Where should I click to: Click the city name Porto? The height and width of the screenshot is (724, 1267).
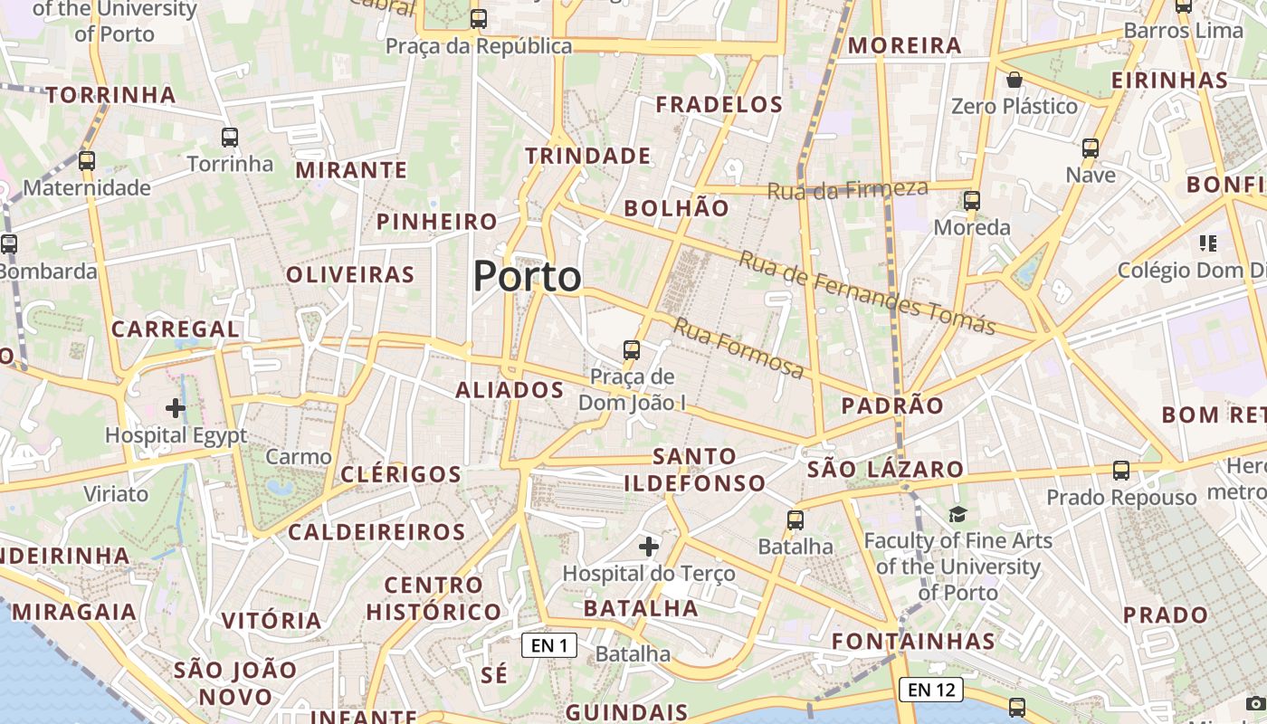click(x=527, y=276)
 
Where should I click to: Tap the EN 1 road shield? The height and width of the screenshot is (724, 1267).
click(x=549, y=645)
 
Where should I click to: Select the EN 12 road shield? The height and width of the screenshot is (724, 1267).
click(x=931, y=690)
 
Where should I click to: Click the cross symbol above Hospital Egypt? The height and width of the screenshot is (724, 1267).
click(x=176, y=408)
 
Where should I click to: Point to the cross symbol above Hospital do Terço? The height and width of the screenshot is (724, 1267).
click(x=649, y=546)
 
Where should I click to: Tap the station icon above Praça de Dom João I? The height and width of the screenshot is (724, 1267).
click(x=632, y=349)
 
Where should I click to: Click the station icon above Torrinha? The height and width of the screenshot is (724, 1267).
click(x=230, y=138)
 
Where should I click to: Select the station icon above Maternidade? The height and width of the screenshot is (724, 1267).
click(x=87, y=161)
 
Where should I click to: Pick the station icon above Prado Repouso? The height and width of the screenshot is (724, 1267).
click(x=1121, y=471)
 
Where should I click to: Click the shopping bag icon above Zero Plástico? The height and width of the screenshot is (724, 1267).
click(x=1015, y=80)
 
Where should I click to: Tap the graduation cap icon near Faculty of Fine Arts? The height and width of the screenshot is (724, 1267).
click(x=957, y=514)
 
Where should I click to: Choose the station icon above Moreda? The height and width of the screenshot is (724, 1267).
click(x=972, y=200)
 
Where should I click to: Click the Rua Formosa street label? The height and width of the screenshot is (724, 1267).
click(x=738, y=348)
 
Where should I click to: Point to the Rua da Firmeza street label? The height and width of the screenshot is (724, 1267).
click(x=848, y=189)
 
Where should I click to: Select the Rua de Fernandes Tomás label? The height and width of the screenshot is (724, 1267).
click(x=867, y=291)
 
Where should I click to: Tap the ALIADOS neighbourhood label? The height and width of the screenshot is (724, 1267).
click(x=510, y=390)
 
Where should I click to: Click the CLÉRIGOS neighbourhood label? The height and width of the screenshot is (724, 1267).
click(x=401, y=474)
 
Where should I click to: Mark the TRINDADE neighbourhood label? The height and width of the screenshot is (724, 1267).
click(x=588, y=157)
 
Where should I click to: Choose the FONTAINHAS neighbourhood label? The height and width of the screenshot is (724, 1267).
click(x=913, y=642)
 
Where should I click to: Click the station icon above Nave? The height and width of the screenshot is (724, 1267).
click(x=1091, y=148)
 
